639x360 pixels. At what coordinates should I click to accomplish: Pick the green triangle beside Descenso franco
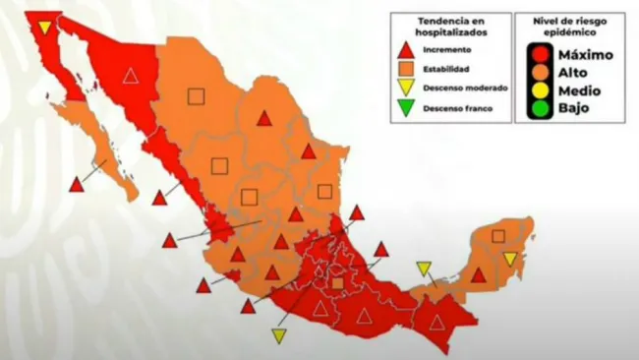404,108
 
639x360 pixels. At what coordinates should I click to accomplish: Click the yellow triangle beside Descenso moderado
404,88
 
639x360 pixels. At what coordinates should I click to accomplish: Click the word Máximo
586,55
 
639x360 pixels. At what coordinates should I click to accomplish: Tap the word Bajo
574,108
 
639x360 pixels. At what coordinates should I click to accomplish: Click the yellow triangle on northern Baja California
45,27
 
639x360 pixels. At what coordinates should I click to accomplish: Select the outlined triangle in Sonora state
131,76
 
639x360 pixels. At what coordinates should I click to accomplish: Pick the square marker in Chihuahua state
196,95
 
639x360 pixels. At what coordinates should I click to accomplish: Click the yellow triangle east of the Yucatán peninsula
510,259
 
